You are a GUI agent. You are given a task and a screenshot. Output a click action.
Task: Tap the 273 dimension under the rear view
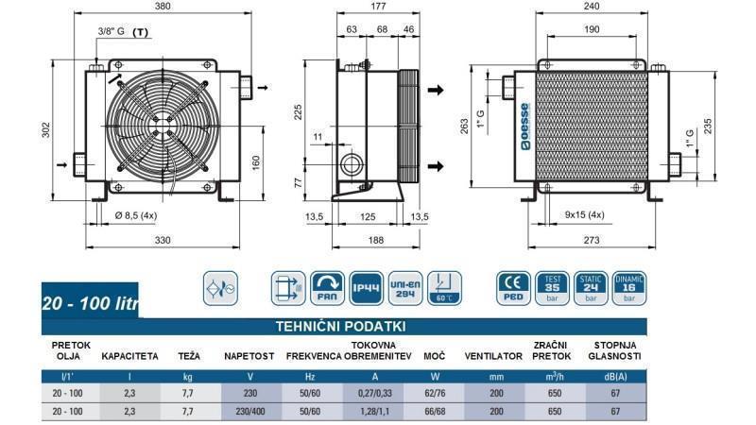[x=593, y=241]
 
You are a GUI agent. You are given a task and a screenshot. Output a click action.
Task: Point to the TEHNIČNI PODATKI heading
[x=339, y=326]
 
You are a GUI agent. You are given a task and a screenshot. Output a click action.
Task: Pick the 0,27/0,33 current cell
[x=374, y=393]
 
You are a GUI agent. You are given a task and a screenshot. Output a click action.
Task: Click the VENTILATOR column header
[x=493, y=356]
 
